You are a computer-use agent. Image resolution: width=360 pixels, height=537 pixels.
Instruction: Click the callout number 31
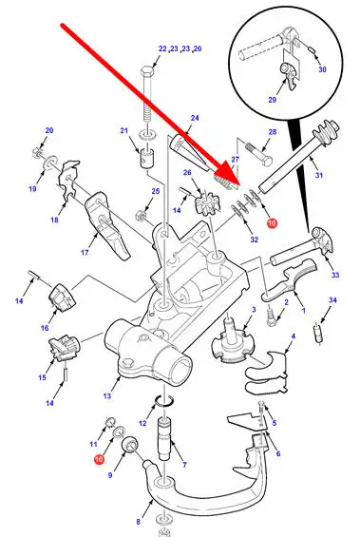click(319, 175)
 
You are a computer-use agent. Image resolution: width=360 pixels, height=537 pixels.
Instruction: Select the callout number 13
click(107, 396)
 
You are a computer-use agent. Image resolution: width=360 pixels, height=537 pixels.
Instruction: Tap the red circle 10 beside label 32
click(272, 223)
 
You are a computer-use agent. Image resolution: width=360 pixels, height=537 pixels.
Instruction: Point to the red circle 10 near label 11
click(99, 459)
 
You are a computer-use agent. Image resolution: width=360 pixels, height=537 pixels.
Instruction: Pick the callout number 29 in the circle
click(272, 100)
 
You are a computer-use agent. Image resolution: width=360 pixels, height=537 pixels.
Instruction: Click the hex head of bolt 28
click(267, 160)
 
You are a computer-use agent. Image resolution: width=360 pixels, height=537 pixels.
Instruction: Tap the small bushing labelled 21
click(147, 158)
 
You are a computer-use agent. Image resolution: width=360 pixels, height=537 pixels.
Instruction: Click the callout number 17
click(85, 253)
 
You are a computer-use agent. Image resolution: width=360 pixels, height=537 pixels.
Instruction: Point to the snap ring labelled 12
click(165, 401)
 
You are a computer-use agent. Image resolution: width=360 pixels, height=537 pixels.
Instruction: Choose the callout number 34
click(332, 300)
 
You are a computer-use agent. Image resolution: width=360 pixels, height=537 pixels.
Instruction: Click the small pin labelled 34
click(318, 334)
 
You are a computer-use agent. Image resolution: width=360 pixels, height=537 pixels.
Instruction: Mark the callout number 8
click(139, 522)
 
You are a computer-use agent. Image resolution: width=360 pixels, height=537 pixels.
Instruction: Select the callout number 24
click(195, 118)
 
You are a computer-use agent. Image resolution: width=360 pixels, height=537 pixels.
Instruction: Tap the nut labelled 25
click(141, 216)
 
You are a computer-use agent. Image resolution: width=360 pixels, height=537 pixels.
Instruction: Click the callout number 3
click(254, 310)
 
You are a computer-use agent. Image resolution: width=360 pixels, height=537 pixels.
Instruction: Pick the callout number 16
click(45, 328)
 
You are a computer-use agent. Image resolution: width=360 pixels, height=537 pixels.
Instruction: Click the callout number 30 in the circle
click(322, 69)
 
